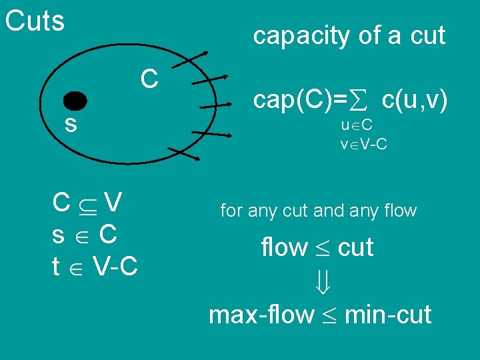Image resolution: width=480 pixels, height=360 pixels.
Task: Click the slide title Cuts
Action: pos(35,21)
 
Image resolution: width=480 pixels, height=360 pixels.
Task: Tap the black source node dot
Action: pos(75,102)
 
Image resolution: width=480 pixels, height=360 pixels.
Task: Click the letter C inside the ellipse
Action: pos(149,79)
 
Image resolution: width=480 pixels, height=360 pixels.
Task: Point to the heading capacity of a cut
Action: pos(349,35)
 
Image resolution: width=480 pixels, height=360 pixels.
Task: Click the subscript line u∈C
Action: pos(356,126)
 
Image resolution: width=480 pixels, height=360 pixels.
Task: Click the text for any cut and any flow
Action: pos(318,211)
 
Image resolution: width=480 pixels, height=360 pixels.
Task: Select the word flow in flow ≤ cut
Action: pos(284,247)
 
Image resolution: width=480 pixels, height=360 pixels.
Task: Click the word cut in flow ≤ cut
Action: pos(355,247)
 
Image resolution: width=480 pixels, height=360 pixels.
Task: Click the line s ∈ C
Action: pos(85,234)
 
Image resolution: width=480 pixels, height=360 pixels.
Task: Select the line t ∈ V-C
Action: pos(95,266)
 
